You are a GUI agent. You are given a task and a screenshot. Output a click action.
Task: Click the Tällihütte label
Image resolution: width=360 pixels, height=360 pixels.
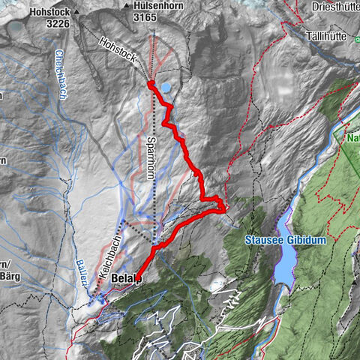click(x=331, y=35)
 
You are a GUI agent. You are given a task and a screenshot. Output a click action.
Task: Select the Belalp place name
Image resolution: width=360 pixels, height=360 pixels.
click(x=125, y=278)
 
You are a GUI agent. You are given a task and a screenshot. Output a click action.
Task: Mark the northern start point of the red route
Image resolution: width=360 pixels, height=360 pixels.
click(x=151, y=85)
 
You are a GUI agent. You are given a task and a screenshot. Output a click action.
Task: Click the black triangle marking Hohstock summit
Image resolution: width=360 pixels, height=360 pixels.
click(x=75, y=13)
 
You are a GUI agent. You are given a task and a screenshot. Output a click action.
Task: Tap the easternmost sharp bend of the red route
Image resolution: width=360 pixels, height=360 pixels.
click(x=223, y=208)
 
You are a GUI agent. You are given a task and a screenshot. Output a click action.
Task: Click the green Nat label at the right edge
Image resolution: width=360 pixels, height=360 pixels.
click(x=353, y=138)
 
